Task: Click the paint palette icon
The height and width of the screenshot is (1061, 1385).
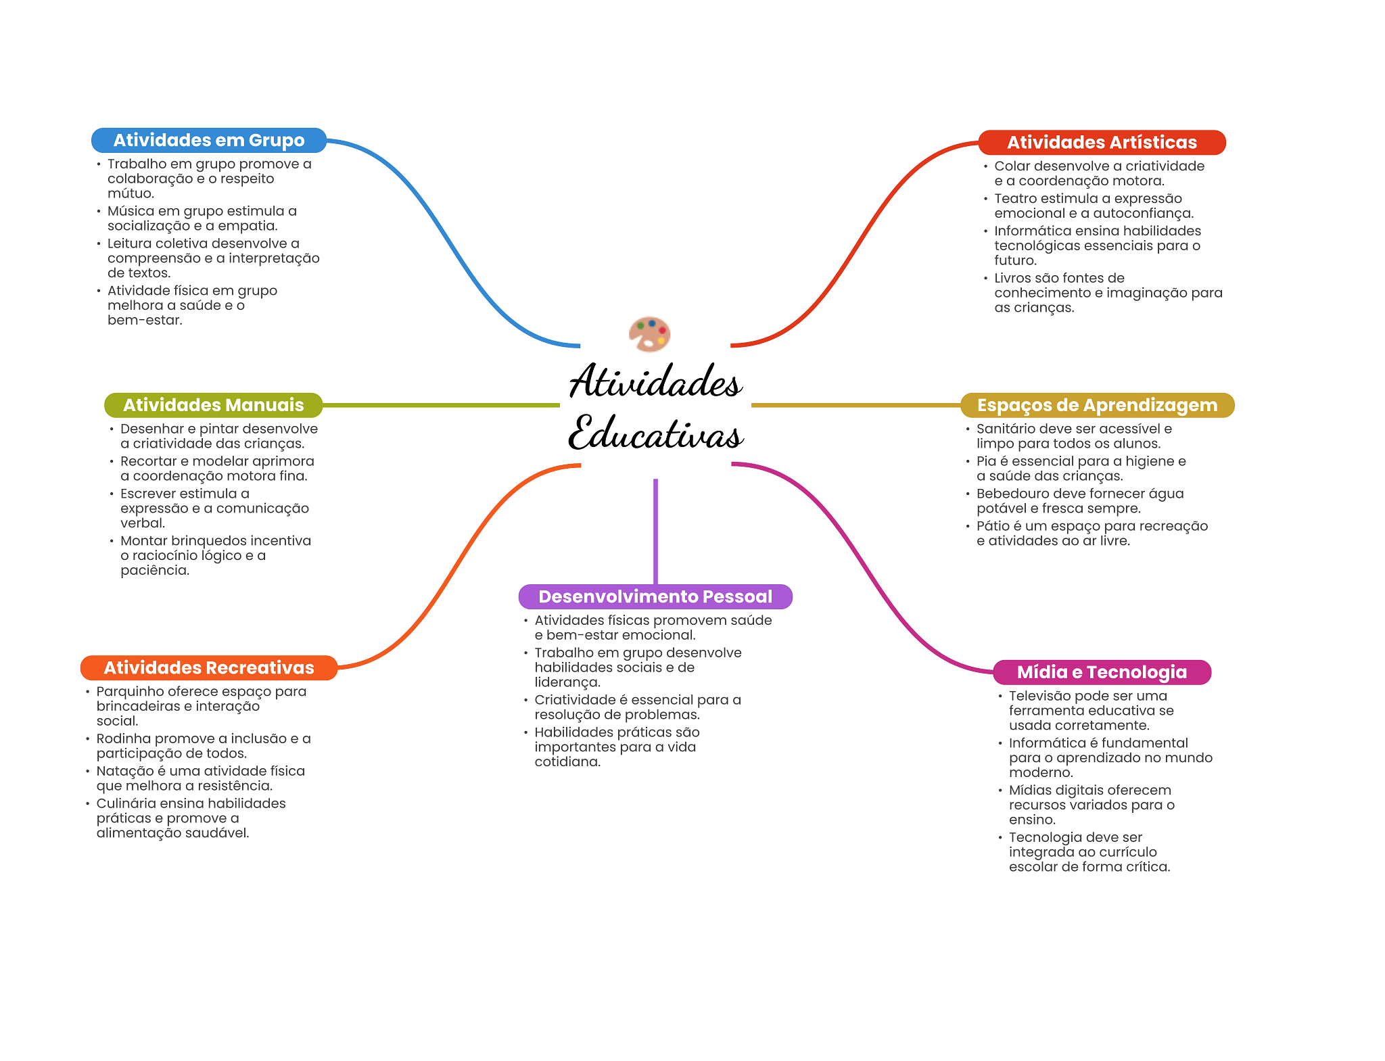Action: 649,333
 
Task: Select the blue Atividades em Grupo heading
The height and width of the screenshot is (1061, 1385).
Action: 209,141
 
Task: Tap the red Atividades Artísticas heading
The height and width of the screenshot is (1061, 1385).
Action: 1102,143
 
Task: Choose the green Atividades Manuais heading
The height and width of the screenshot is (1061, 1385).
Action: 213,405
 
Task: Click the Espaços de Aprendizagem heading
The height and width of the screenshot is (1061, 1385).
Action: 1097,405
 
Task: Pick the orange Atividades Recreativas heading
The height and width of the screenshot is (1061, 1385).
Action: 208,668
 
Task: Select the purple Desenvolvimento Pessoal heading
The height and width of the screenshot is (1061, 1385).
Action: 655,596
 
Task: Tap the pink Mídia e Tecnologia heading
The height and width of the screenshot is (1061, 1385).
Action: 1102,672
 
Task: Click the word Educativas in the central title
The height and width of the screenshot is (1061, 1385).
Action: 655,433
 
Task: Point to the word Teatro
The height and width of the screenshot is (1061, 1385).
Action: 1012,199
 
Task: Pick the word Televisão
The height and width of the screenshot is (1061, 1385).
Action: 1039,696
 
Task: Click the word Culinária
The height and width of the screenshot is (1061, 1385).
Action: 126,804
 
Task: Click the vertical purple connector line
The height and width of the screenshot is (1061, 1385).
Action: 655,531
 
